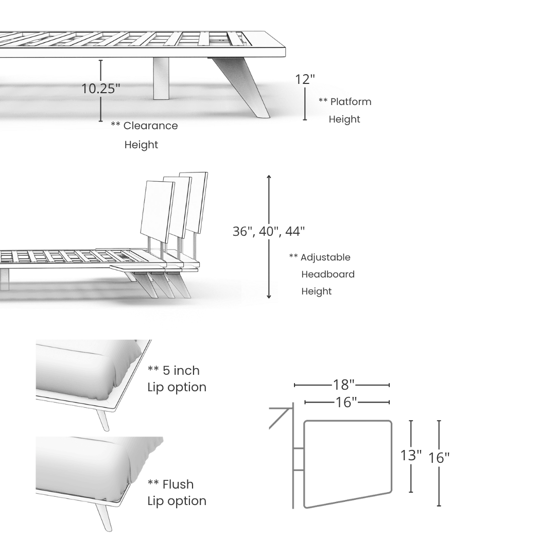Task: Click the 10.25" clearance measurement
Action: point(101,89)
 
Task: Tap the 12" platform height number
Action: point(305,79)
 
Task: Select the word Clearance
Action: point(150,126)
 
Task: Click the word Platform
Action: point(350,101)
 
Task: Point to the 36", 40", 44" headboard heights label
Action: point(268,232)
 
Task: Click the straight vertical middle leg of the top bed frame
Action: point(161,78)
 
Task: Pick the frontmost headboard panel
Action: point(156,211)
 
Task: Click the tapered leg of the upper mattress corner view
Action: point(103,420)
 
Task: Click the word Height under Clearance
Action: point(141,145)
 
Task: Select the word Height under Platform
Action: point(344,119)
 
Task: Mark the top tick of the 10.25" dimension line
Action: point(101,61)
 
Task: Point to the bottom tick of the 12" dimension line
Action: point(305,119)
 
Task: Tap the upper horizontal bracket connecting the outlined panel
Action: point(298,449)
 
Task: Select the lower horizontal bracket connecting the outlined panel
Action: point(298,470)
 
